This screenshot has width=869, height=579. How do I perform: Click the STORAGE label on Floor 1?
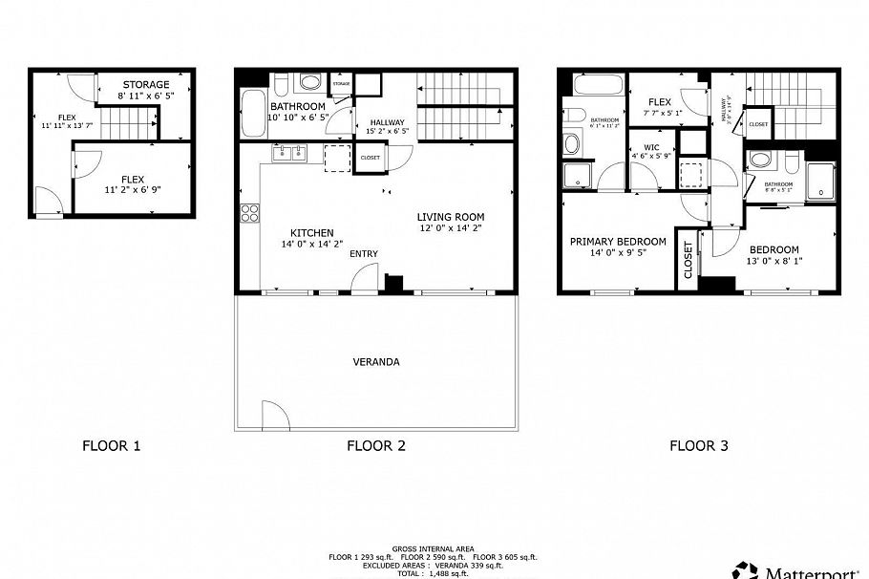(145, 85)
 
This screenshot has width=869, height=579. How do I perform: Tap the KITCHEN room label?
(311, 232)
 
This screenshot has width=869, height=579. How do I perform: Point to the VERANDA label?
(376, 362)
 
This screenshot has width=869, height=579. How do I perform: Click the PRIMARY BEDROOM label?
(618, 242)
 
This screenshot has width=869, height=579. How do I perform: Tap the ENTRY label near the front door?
(364, 253)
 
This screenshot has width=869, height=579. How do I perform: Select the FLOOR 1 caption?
(111, 444)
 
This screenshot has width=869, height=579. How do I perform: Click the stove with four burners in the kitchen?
(250, 214)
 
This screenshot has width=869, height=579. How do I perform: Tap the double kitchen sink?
(288, 153)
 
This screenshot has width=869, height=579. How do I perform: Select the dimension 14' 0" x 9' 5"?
(618, 253)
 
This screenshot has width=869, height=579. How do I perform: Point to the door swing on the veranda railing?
(273, 416)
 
